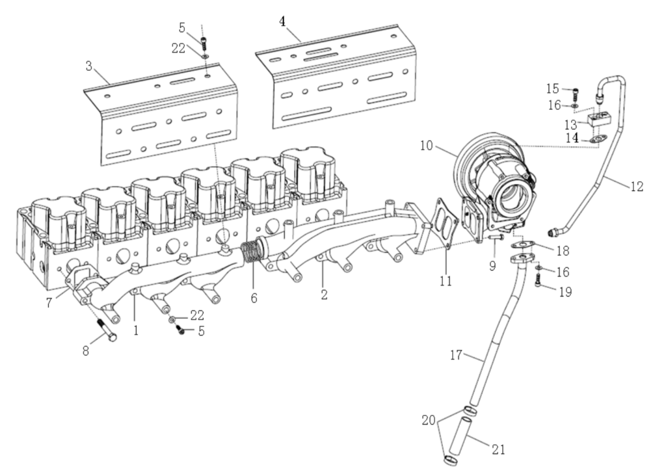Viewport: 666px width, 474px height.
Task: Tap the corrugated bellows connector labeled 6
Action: point(250,253)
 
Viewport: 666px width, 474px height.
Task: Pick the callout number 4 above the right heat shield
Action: point(282,21)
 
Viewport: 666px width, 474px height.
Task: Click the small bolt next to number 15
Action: point(575,91)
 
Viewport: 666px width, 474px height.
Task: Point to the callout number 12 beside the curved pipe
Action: point(636,187)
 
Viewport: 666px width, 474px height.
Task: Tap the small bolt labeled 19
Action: point(539,280)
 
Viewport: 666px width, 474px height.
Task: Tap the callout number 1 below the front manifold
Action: point(135,330)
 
